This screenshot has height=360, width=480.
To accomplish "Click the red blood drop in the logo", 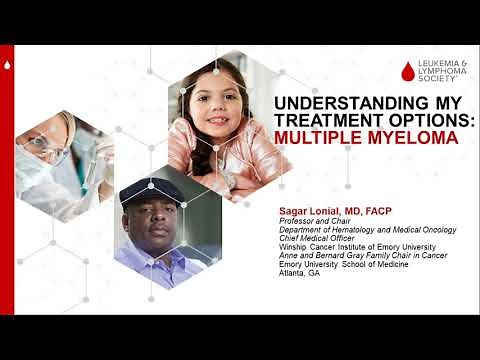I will [406, 71].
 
